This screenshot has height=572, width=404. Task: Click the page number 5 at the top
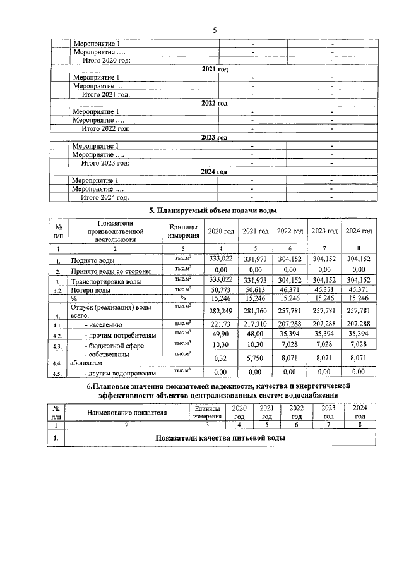click(x=215, y=30)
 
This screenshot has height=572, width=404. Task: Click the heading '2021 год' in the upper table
click(x=214, y=68)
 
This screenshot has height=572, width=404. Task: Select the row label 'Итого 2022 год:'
click(x=105, y=128)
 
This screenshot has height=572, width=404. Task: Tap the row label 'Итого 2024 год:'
click(x=105, y=197)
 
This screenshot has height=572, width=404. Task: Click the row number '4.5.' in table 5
click(x=58, y=373)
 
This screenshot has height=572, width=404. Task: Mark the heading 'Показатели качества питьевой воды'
click(x=218, y=438)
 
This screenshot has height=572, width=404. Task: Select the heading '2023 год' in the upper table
click(x=214, y=137)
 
